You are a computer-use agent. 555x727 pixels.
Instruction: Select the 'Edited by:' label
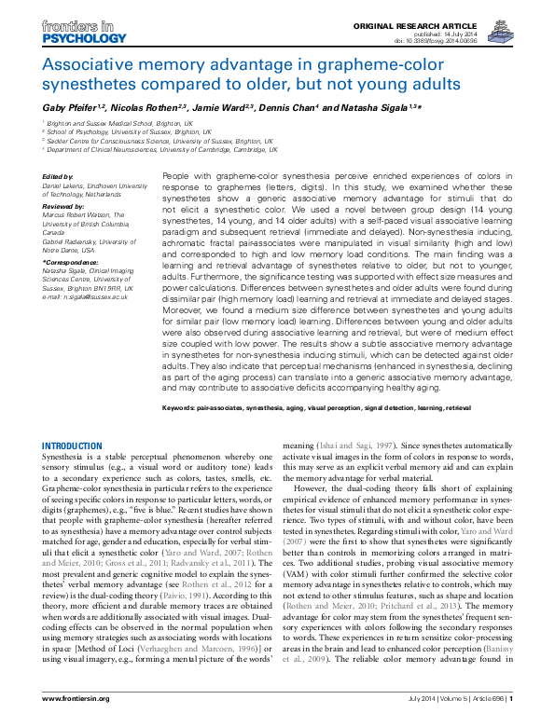click(58, 176)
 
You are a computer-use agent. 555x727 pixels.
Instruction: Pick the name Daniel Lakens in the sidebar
click(66, 185)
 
